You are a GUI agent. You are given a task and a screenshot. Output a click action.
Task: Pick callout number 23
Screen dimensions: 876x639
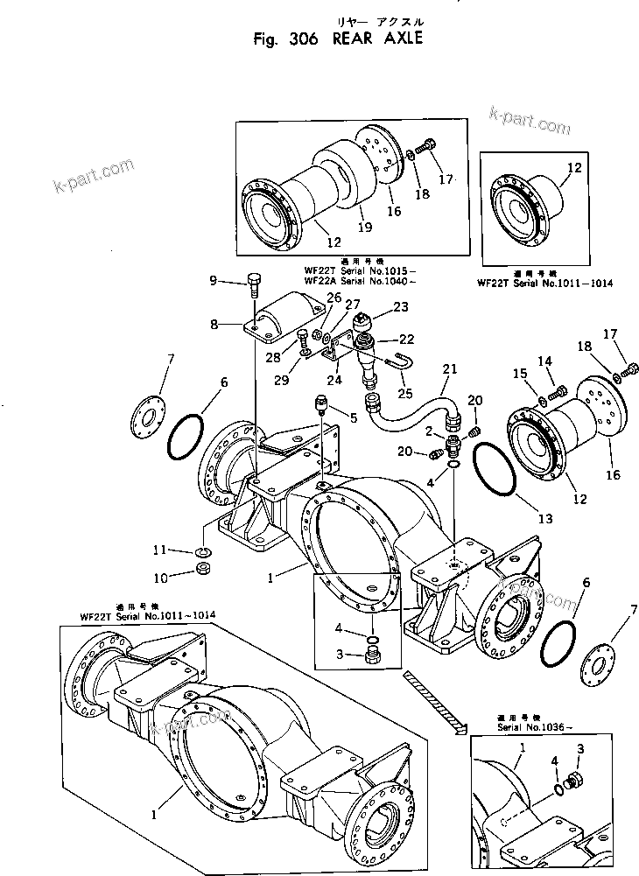[401, 307]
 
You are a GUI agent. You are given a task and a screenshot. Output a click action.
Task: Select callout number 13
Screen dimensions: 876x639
[545, 519]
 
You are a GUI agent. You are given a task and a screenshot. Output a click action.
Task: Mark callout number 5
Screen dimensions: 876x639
[354, 418]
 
